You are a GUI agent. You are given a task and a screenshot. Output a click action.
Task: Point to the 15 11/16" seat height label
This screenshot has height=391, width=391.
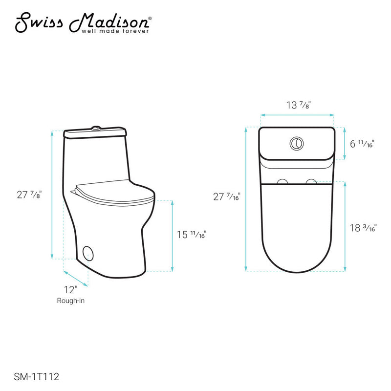(x=191, y=235)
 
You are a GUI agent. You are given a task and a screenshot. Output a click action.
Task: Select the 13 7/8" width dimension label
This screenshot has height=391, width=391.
(x=298, y=105)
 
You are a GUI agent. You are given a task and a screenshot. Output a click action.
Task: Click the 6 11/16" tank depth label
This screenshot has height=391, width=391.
(x=361, y=144)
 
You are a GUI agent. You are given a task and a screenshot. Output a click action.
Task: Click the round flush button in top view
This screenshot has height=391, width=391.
(x=296, y=143)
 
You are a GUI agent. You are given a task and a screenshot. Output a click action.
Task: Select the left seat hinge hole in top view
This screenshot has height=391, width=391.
(x=282, y=182)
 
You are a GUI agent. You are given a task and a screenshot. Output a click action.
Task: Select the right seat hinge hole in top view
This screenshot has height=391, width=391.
(x=310, y=182)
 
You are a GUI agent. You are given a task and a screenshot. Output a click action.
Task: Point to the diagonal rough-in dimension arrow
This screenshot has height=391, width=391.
(x=76, y=277)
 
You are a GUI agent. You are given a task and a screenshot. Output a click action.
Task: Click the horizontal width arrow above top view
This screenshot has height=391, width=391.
(x=297, y=115)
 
